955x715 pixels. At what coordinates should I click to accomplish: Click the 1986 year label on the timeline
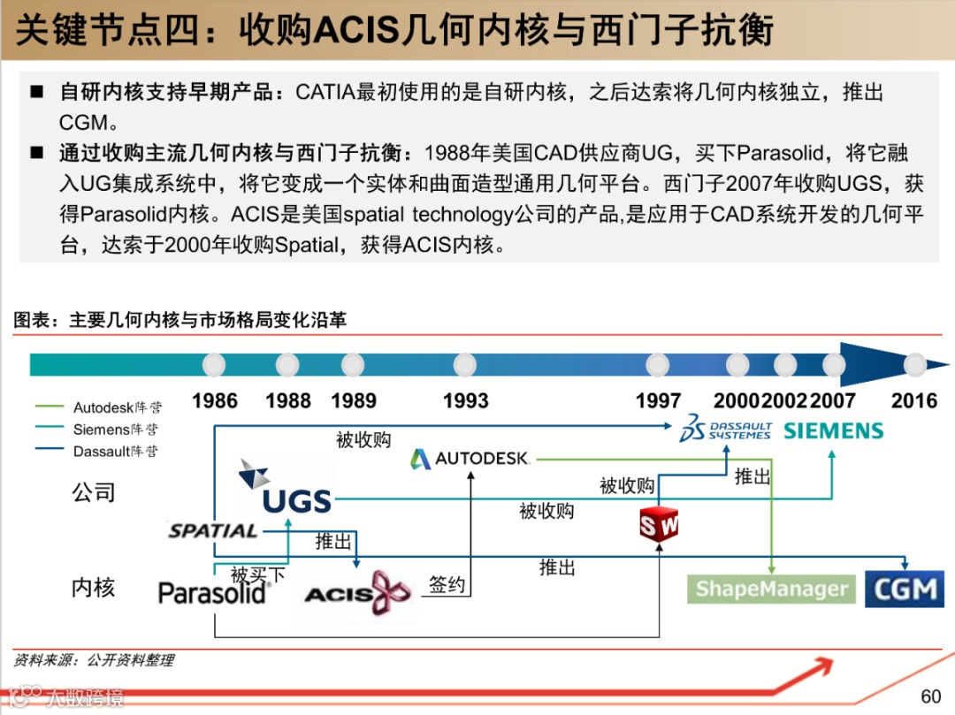(x=215, y=401)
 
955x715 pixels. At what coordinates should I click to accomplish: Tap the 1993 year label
(x=466, y=401)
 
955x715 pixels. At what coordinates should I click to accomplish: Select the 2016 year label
(x=913, y=401)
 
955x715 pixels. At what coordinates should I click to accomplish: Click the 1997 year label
(x=658, y=401)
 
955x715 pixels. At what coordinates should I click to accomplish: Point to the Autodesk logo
(x=470, y=459)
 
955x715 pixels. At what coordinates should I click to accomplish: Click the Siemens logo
(x=834, y=431)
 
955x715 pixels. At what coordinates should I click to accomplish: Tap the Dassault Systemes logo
(x=725, y=430)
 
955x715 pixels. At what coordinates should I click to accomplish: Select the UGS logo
(x=285, y=490)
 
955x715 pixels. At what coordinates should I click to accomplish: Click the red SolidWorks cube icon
(x=660, y=525)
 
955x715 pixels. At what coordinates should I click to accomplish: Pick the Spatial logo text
(x=213, y=531)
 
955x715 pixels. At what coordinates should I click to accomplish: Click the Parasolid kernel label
(x=212, y=592)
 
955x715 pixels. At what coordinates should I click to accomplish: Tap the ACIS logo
(x=358, y=593)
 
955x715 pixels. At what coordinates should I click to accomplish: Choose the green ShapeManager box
(x=772, y=589)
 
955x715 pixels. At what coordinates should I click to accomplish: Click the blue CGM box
(x=905, y=589)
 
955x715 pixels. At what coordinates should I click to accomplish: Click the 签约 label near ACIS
(x=447, y=584)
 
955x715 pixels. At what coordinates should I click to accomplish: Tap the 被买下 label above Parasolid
(x=258, y=575)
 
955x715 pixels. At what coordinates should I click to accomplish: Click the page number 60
(x=931, y=696)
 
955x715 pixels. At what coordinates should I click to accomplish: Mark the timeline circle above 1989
(x=353, y=365)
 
